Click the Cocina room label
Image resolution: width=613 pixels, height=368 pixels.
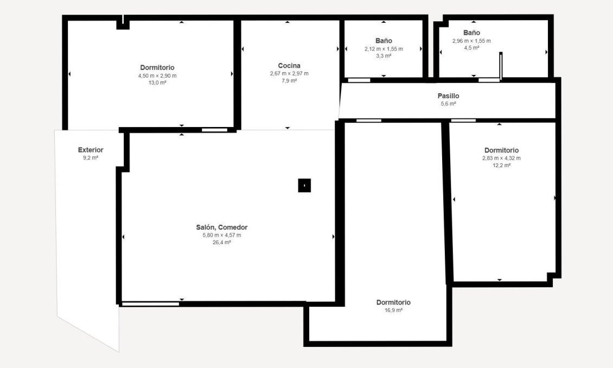289,66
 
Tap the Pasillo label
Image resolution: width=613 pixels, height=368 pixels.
448,96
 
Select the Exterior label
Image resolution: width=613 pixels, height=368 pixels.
91,150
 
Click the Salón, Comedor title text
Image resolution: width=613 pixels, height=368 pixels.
221,227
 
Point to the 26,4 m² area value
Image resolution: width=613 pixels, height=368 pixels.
221,243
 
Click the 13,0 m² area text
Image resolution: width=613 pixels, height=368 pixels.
157,83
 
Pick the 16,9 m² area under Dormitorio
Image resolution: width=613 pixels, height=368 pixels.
393,310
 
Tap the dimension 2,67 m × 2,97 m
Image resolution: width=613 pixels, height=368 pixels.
289,73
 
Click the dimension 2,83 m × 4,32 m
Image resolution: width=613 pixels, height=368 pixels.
501,158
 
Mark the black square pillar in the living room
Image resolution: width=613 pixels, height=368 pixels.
304,186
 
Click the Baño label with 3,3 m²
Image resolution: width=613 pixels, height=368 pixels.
384,41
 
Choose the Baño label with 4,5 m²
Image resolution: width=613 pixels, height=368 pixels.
471,33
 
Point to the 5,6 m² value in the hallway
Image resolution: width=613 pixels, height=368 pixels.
448,104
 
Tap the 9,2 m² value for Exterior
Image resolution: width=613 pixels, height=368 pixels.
91,158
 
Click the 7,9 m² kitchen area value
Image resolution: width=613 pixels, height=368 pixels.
289,81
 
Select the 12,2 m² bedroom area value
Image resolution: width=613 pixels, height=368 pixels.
501,166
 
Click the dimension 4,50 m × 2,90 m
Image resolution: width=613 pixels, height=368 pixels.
157,75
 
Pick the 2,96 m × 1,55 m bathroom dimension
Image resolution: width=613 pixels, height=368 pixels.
471,41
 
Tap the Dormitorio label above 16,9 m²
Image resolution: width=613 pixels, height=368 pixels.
393,302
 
